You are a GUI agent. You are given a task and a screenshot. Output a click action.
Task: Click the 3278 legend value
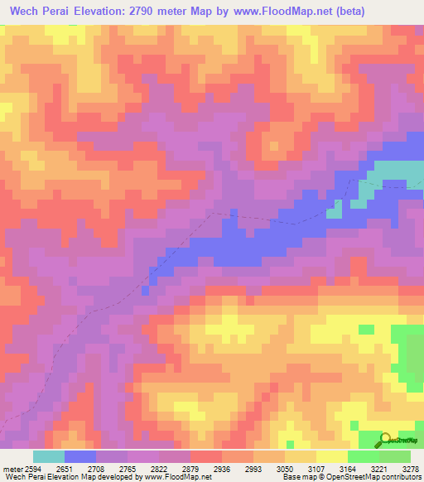point(409,468)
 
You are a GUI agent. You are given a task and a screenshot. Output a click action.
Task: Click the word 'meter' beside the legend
point(10,468)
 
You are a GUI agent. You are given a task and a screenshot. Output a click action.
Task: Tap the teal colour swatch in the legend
point(49,456)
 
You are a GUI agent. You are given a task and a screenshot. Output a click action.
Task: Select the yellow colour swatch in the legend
point(332,456)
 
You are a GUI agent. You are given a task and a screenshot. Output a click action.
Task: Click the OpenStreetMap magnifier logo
point(385,440)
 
